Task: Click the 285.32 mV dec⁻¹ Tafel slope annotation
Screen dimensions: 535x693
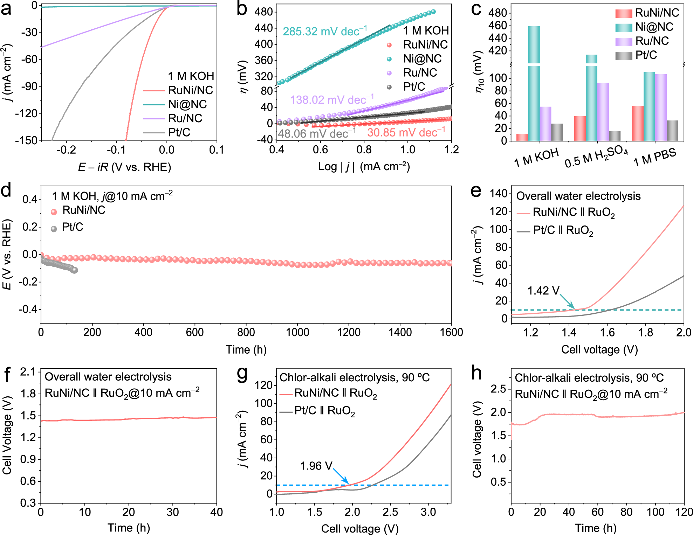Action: (325, 32)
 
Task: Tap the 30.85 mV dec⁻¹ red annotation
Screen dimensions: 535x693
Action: (406, 133)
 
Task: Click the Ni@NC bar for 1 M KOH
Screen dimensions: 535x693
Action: (534, 84)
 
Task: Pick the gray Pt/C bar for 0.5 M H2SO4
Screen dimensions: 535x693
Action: (615, 136)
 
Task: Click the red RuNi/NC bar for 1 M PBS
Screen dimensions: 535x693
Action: (638, 123)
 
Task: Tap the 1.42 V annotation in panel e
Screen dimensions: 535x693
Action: (543, 291)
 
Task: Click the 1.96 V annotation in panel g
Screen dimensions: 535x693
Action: (316, 466)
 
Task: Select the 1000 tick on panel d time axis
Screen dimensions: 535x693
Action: (297, 332)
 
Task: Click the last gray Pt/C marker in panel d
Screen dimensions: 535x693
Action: (74, 270)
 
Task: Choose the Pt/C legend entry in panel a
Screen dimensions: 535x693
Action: (179, 132)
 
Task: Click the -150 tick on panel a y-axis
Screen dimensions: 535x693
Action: (28, 140)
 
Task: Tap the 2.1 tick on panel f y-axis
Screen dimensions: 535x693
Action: (28, 372)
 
